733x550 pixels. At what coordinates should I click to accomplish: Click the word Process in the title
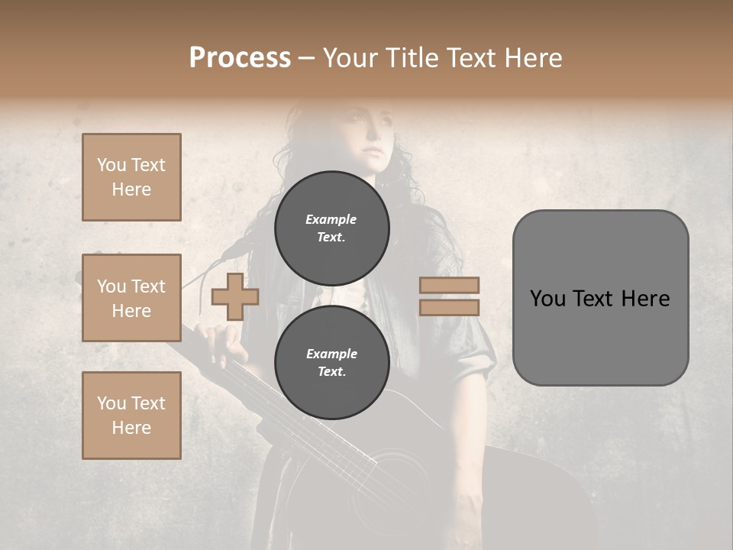coord(240,58)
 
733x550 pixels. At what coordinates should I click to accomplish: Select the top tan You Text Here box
coord(131,177)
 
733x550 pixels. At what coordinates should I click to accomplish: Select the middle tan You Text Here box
coord(131,298)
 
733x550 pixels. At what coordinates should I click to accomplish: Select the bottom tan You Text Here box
coord(131,415)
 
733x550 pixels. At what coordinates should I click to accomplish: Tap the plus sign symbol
coord(234,296)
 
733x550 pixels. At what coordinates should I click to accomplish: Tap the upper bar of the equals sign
coord(449,285)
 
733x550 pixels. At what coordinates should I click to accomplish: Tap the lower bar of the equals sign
coord(449,307)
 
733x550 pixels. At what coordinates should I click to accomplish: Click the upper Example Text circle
coord(331,228)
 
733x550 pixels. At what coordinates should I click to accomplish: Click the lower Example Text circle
coord(331,362)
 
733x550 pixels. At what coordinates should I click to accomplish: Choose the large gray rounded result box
coord(600,297)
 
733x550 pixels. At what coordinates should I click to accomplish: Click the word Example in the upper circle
coord(331,219)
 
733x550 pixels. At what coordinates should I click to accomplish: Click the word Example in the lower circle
coord(331,354)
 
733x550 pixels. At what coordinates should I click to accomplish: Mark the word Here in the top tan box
coord(131,189)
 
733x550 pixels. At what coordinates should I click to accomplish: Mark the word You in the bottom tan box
coord(111,403)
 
